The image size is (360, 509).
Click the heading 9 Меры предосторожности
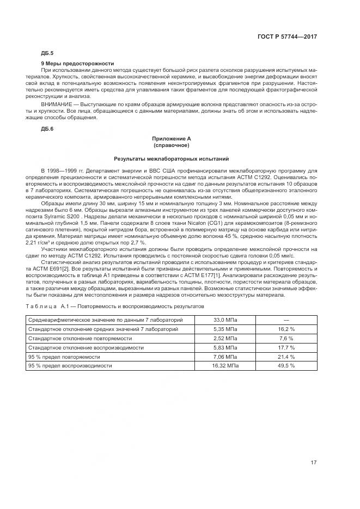[77, 64]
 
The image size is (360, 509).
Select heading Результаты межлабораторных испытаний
[171, 159]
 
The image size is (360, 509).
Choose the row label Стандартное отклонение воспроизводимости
[86, 347]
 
